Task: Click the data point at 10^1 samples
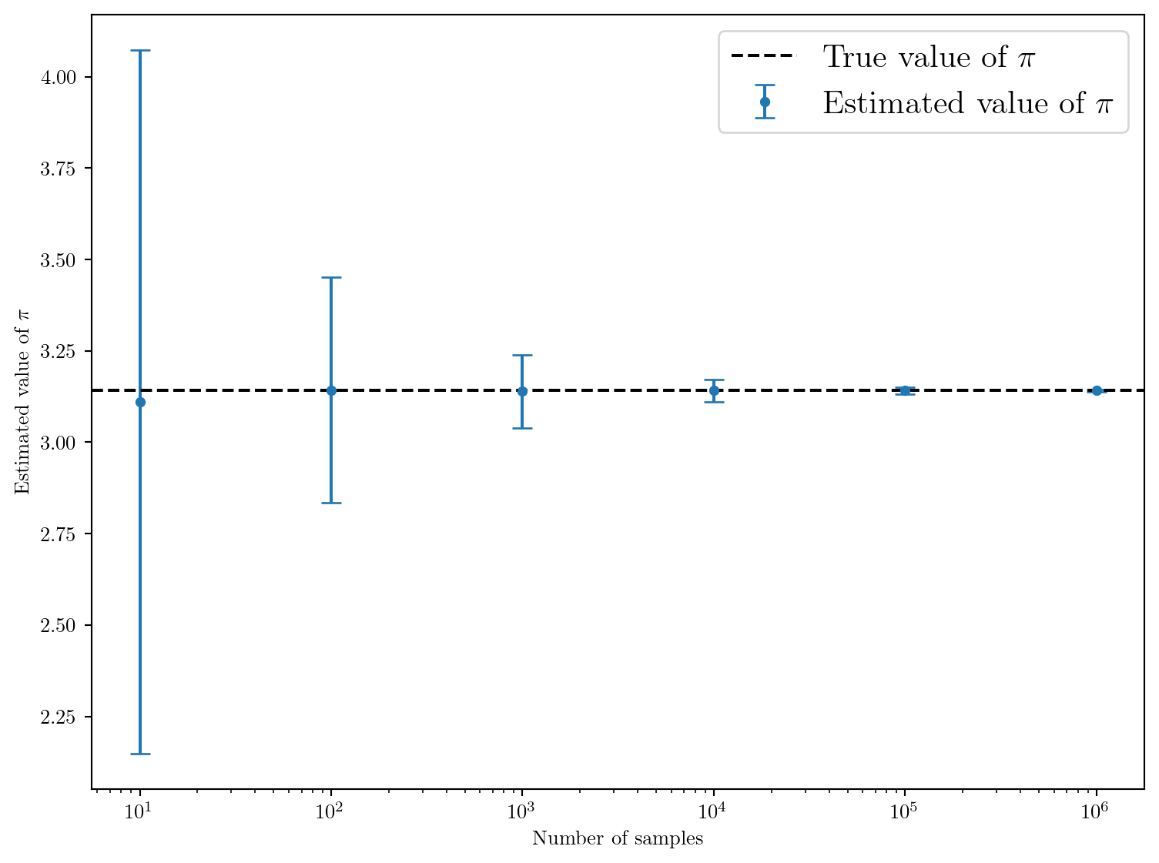[140, 402]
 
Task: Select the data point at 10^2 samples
[331, 390]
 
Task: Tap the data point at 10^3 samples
[522, 391]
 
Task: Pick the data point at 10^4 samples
[714, 390]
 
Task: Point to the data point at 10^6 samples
[1097, 390]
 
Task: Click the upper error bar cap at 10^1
[140, 51]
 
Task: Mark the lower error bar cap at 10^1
[140, 754]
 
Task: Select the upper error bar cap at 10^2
[331, 277]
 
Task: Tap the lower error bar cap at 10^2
[331, 503]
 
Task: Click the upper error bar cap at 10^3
[522, 355]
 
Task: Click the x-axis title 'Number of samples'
[618, 838]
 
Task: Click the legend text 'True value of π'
[929, 57]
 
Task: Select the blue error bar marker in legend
[765, 102]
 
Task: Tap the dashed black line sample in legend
[763, 56]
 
